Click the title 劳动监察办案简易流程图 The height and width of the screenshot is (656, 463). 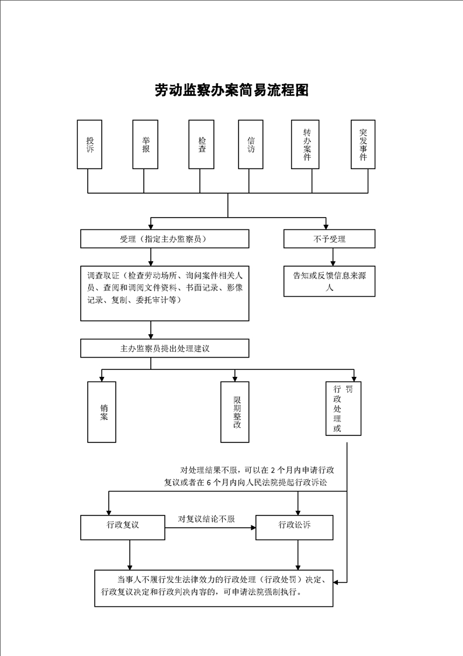click(x=231, y=90)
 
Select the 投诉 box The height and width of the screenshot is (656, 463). click(x=89, y=145)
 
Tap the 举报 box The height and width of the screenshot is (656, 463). click(x=145, y=145)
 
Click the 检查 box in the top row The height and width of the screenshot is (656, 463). click(x=202, y=145)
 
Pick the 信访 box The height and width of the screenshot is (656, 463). click(x=251, y=145)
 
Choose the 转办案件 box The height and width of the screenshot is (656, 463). click(x=306, y=145)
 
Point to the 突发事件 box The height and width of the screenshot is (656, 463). click(x=363, y=145)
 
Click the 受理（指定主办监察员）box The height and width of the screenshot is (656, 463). click(x=164, y=239)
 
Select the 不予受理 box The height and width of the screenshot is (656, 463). click(x=329, y=239)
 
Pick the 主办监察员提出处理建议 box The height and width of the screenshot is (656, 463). click(x=164, y=348)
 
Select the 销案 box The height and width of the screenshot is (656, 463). click(x=102, y=412)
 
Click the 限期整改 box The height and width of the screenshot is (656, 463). click(x=235, y=412)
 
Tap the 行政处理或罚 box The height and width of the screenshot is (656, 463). click(x=343, y=408)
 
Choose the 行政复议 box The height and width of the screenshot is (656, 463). click(x=123, y=527)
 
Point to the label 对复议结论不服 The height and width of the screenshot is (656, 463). click(x=206, y=519)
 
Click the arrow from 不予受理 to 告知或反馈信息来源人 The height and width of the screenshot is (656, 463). click(x=333, y=257)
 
